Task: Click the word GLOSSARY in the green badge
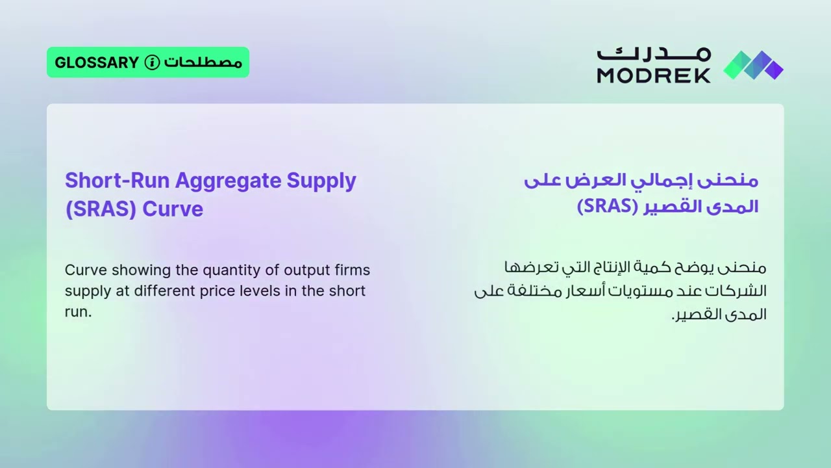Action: (x=97, y=62)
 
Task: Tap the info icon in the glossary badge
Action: (x=152, y=62)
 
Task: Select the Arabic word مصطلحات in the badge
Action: (x=203, y=62)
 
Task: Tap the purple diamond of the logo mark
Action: (x=773, y=67)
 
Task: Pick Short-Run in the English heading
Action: (x=117, y=180)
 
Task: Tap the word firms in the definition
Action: (x=353, y=270)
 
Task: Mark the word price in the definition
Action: (x=217, y=291)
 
